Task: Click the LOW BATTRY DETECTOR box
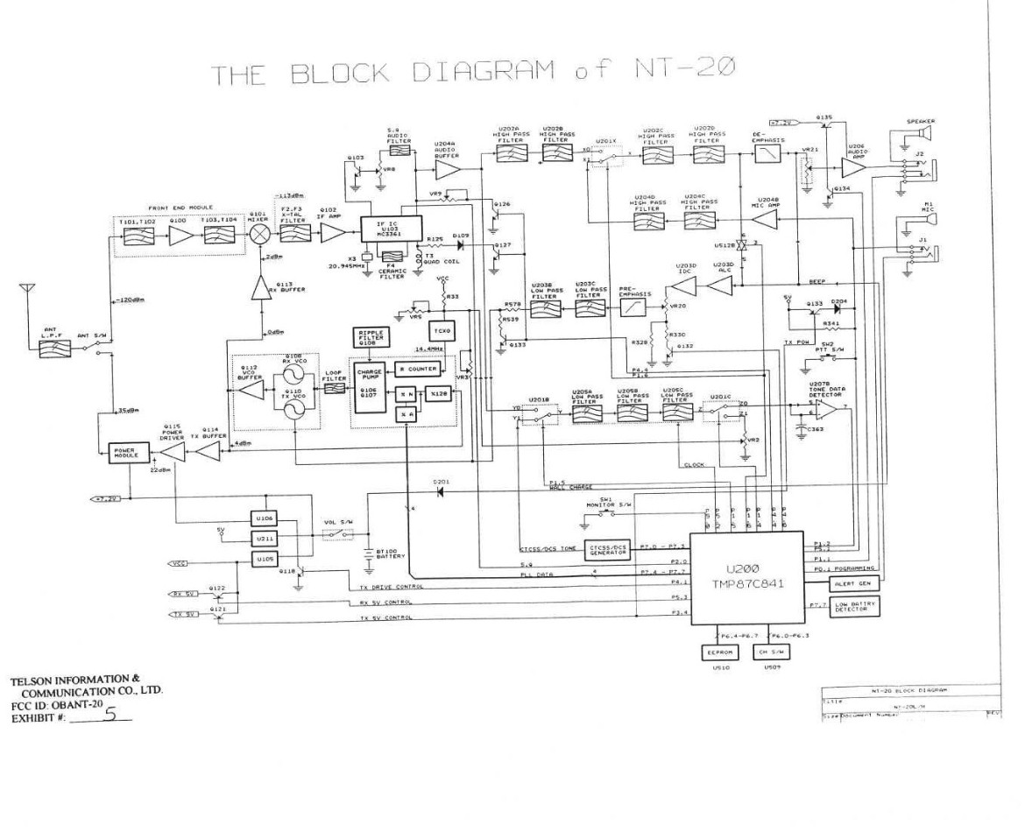click(855, 605)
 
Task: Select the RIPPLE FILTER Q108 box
click(370, 337)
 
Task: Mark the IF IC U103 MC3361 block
click(391, 227)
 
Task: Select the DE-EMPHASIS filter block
click(769, 155)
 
